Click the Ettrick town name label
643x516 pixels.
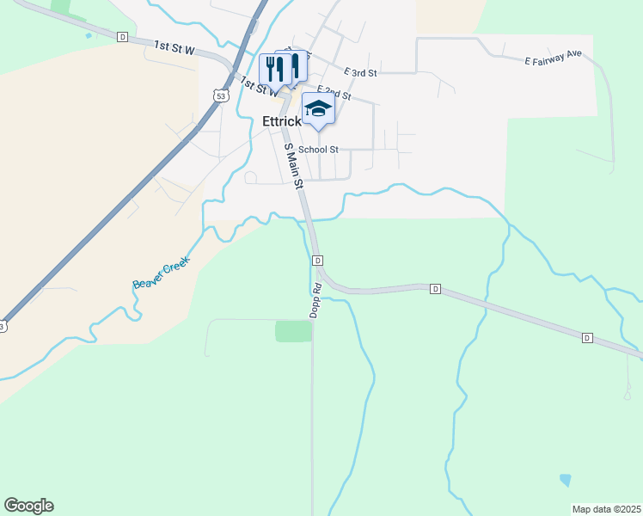(281, 122)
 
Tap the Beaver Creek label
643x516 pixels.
(161, 272)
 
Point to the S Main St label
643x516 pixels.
(294, 167)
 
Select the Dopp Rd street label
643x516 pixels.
(316, 299)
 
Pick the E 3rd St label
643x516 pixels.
(360, 73)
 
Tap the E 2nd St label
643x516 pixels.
(334, 93)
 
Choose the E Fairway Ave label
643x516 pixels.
(553, 58)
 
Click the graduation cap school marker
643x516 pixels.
(318, 109)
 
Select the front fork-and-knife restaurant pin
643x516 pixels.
(274, 69)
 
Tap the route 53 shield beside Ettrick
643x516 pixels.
(222, 96)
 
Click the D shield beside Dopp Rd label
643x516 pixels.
(317, 260)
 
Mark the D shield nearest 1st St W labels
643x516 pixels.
(122, 37)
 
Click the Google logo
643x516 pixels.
(28, 506)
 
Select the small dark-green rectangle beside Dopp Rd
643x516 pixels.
(293, 331)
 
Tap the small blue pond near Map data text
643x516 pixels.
(564, 479)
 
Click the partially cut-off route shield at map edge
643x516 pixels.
(3, 327)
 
